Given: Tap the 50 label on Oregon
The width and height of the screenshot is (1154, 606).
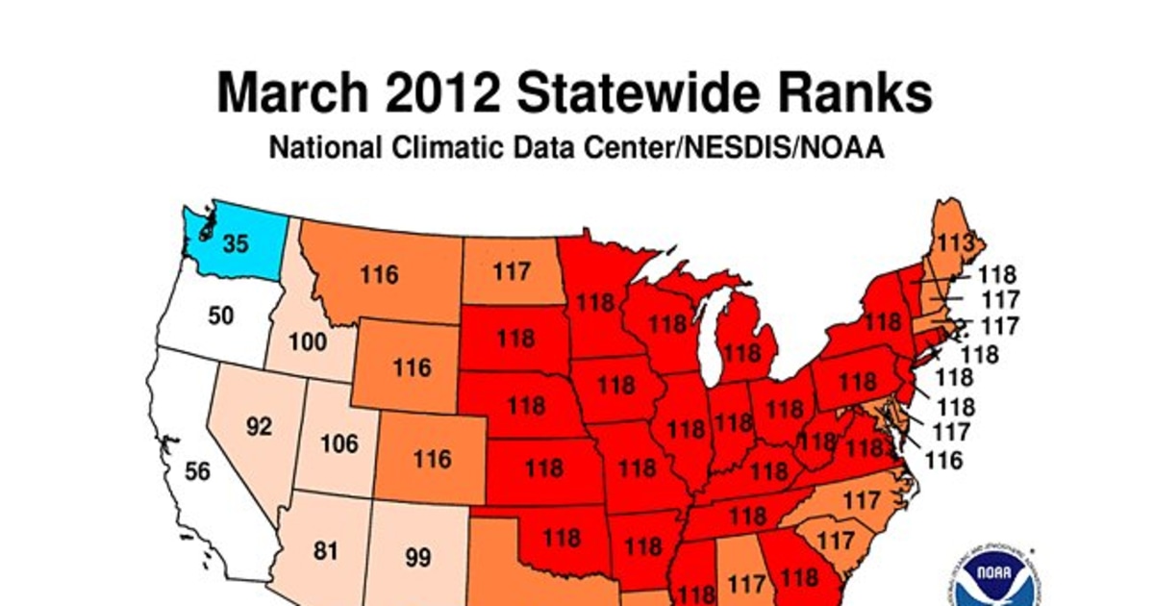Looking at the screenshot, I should pyautogui.click(x=221, y=316).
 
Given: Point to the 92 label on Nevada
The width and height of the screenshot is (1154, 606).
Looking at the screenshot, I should pyautogui.click(x=259, y=425).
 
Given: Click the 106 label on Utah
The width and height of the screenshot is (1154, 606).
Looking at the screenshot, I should pyautogui.click(x=338, y=443).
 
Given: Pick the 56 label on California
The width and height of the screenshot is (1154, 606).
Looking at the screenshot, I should pyautogui.click(x=197, y=471).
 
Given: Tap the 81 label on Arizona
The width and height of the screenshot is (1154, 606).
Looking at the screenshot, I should pyautogui.click(x=328, y=552).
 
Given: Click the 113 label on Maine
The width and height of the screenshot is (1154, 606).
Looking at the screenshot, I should pyautogui.click(x=953, y=241).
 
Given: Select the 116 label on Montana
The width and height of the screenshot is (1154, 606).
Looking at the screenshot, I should pyautogui.click(x=380, y=275).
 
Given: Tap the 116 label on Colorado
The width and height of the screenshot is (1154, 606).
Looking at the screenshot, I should pyautogui.click(x=432, y=459).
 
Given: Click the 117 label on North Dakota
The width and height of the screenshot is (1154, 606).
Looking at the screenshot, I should pyautogui.click(x=512, y=271).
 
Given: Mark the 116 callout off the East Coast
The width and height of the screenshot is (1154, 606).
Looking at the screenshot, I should pyautogui.click(x=942, y=461).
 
